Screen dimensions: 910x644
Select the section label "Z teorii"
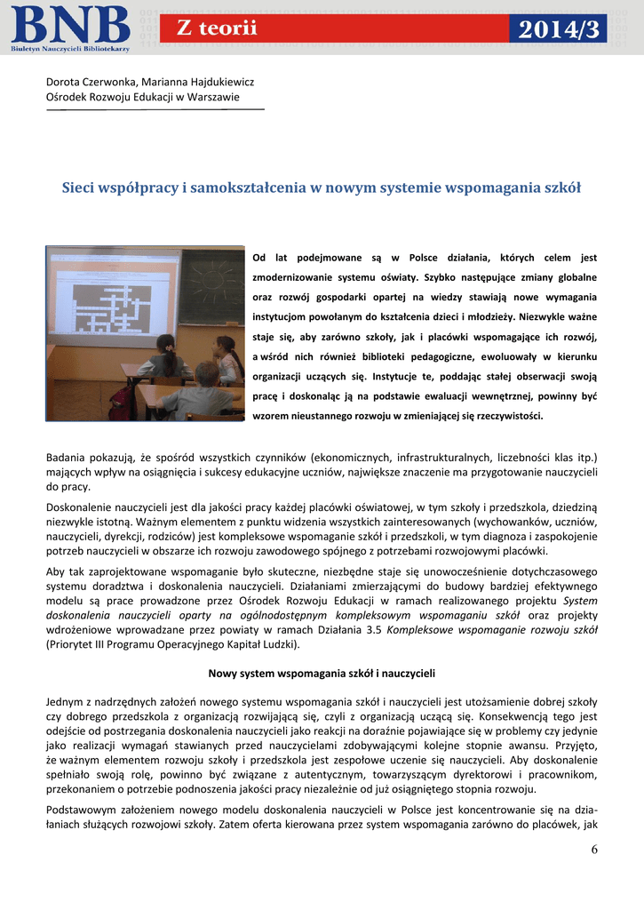click(217, 28)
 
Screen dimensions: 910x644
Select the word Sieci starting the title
click(77, 188)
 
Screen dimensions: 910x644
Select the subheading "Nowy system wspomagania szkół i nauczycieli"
click(321, 673)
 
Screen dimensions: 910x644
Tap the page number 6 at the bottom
click(594, 850)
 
